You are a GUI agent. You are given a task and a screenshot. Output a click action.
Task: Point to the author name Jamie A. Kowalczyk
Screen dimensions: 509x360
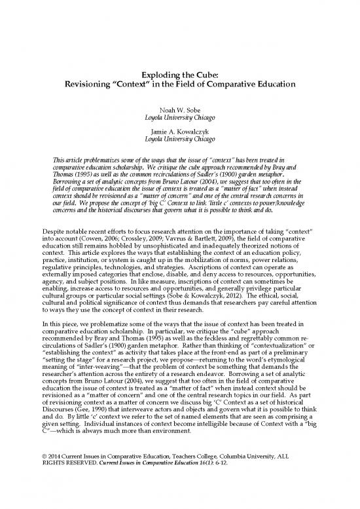179,132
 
